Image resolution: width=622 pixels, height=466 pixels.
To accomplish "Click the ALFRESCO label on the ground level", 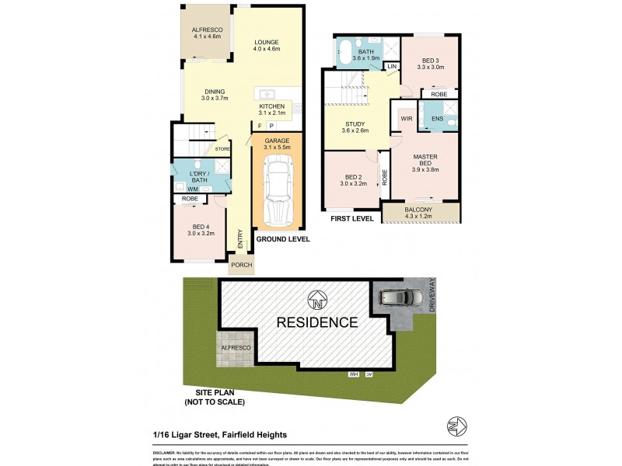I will coord(207,31).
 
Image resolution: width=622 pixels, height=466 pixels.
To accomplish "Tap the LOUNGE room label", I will coord(266,42).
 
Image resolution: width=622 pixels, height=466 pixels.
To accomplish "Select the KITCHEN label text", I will coord(272,106).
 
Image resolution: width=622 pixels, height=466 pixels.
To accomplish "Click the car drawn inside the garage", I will coord(277,187).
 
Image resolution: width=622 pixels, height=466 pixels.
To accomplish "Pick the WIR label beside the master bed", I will coord(406,118).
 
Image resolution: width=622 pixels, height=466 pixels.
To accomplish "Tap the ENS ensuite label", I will coord(437,120).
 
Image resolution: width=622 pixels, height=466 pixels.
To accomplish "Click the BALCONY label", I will coord(421,210).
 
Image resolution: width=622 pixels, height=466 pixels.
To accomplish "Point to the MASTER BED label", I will coord(425,162).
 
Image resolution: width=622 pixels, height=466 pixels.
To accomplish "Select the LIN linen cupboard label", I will coord(391,68).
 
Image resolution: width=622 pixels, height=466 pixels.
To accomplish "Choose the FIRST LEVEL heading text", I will coord(353,219).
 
